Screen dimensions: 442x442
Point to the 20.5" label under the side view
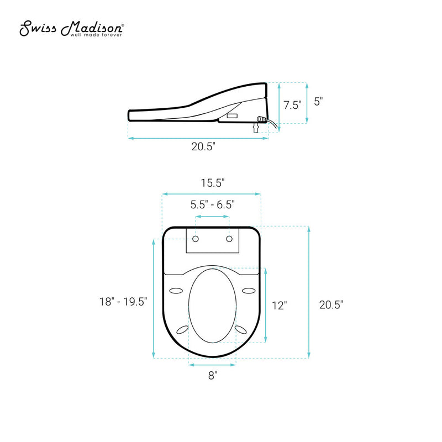(x=203, y=147)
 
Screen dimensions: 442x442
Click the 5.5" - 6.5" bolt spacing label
(x=213, y=204)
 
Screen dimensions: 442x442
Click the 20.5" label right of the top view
(x=331, y=304)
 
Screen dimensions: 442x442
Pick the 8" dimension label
(x=213, y=376)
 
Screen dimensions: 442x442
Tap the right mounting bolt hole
(x=229, y=239)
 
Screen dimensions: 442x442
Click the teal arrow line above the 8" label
(x=213, y=364)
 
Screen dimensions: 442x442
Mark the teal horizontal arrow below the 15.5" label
(x=212, y=194)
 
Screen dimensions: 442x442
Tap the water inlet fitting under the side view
(x=255, y=129)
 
